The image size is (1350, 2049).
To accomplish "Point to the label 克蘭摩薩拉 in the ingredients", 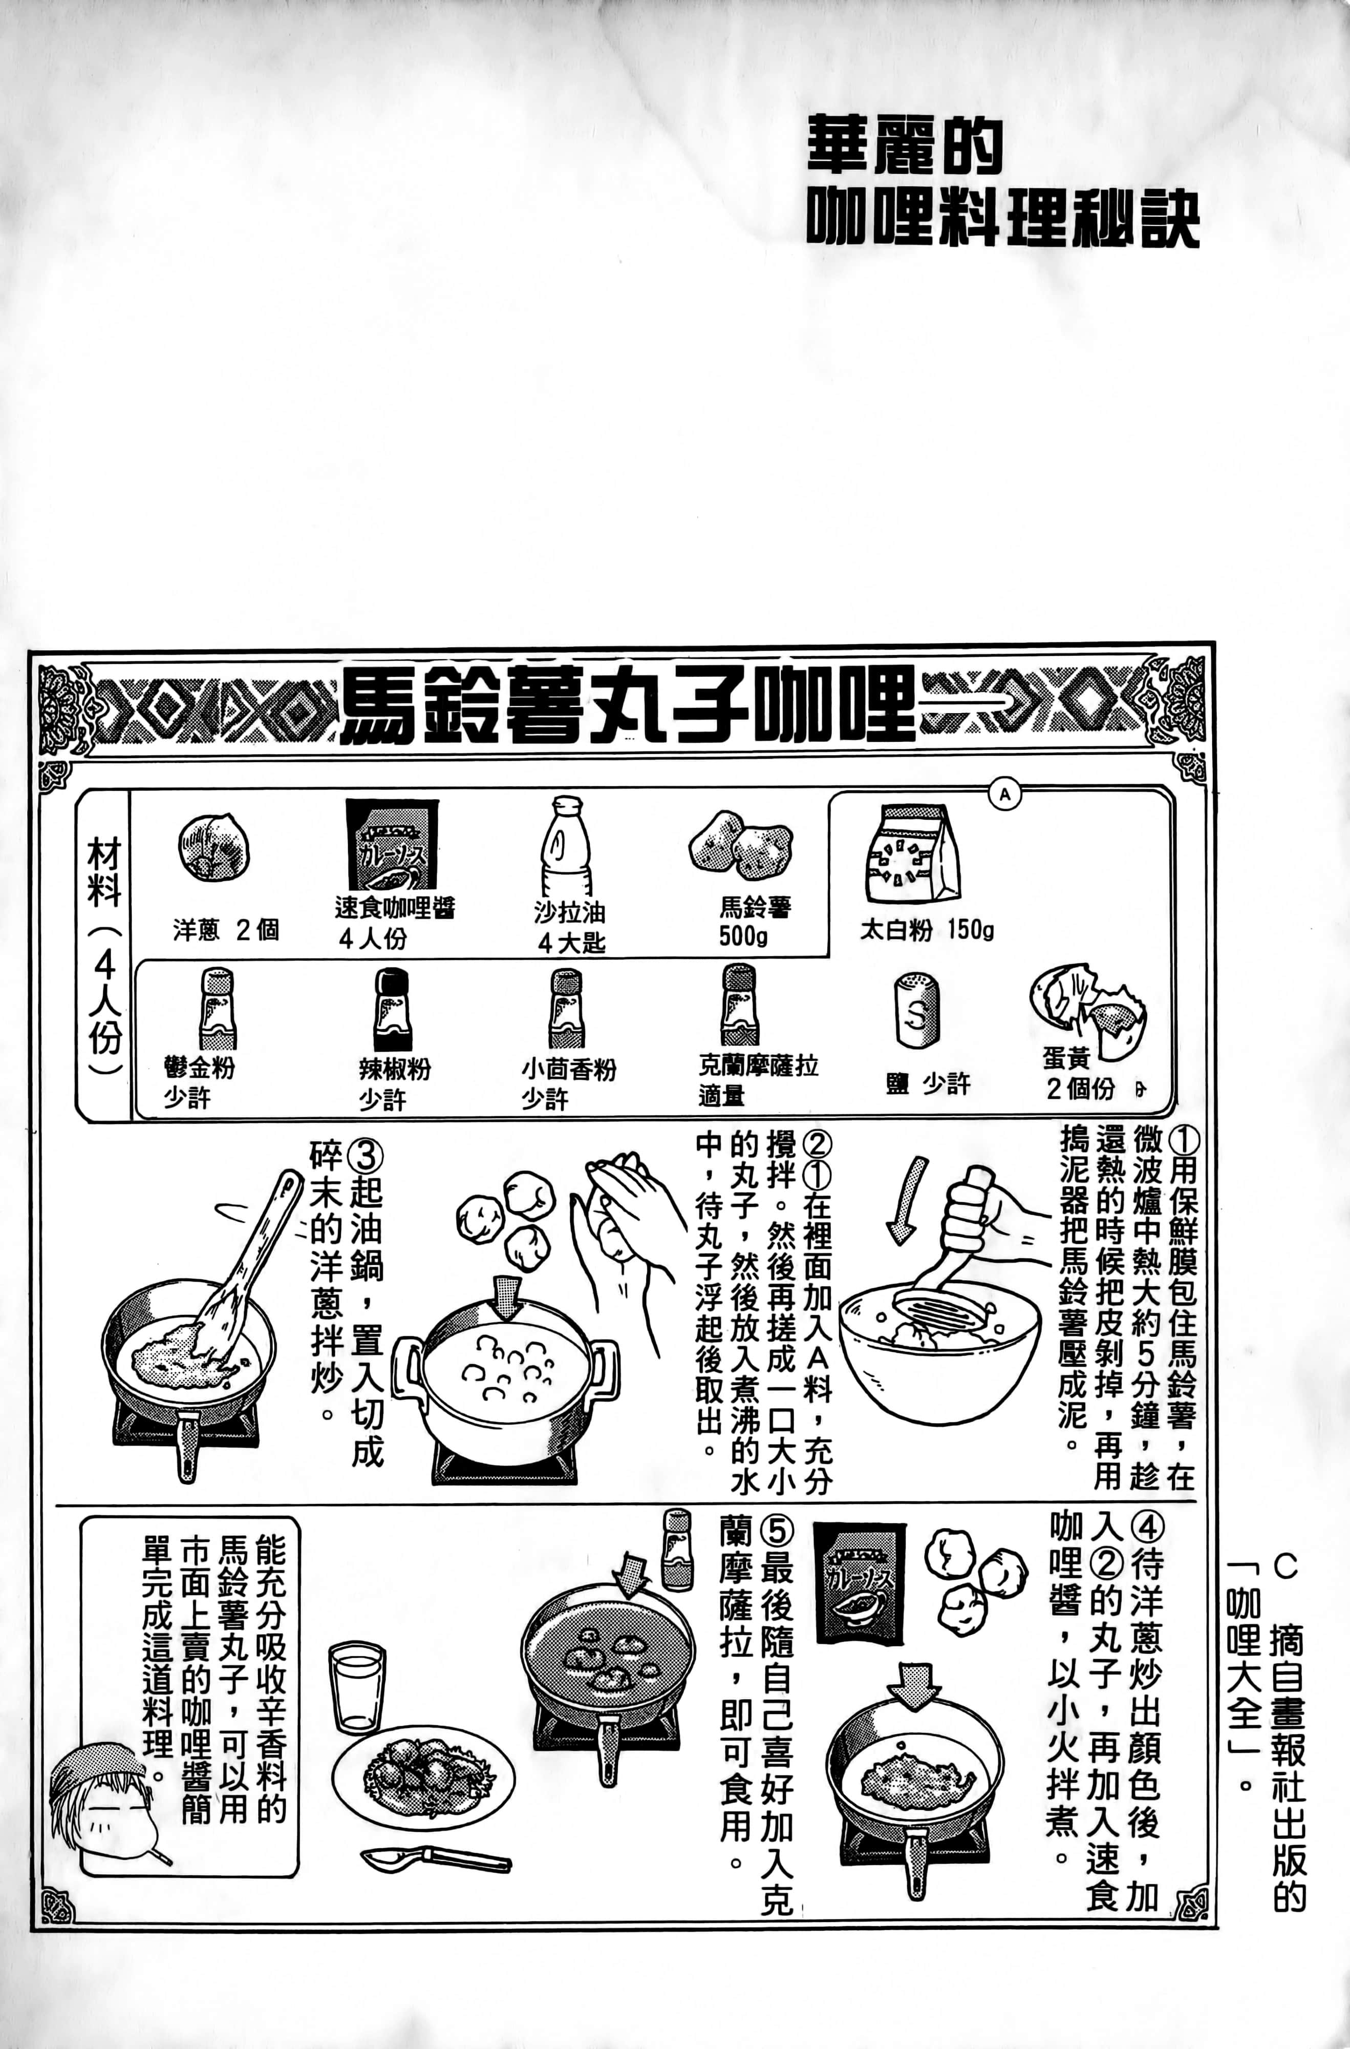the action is tap(758, 1067).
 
